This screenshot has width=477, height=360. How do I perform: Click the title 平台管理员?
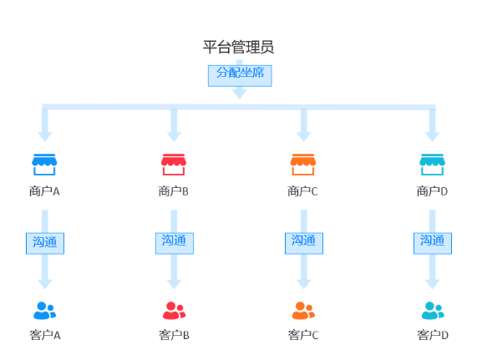239,47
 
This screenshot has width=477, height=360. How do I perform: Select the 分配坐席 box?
240,76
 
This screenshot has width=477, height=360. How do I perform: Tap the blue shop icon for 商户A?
44,165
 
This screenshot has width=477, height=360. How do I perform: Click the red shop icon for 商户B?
174,165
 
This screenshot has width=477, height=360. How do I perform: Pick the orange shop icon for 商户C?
303,165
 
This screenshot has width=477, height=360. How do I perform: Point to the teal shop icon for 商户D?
432,165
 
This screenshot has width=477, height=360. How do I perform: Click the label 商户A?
44,191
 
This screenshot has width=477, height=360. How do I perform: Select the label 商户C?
302,191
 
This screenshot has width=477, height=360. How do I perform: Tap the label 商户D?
432,191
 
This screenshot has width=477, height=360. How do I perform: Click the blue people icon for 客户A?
45,311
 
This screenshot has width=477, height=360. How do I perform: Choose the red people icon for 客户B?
174,311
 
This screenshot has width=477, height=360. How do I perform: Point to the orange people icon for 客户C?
303,311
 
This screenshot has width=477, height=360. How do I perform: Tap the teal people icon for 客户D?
433,311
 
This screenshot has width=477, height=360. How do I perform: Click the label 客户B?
174,335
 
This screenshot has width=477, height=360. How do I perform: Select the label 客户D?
433,335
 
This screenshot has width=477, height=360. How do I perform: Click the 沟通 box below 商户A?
45,243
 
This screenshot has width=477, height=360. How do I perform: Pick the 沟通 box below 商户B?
175,243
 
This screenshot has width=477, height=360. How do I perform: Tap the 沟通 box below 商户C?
304,243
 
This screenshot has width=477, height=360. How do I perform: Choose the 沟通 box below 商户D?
433,243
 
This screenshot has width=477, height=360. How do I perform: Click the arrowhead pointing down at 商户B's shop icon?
174,137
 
